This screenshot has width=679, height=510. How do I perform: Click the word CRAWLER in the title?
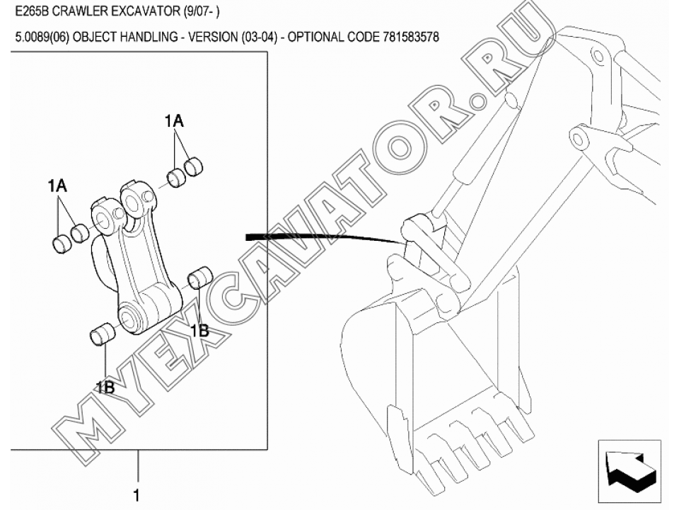(x=79, y=11)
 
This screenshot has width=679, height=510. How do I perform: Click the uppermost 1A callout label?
(x=174, y=121)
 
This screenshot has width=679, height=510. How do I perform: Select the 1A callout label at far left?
(x=57, y=186)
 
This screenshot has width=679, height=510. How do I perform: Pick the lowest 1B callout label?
(x=105, y=387)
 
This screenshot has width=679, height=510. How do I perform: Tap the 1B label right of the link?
(x=199, y=331)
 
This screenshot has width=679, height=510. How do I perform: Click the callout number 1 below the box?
(x=137, y=495)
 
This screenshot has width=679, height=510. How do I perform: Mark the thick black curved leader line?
(x=329, y=237)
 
